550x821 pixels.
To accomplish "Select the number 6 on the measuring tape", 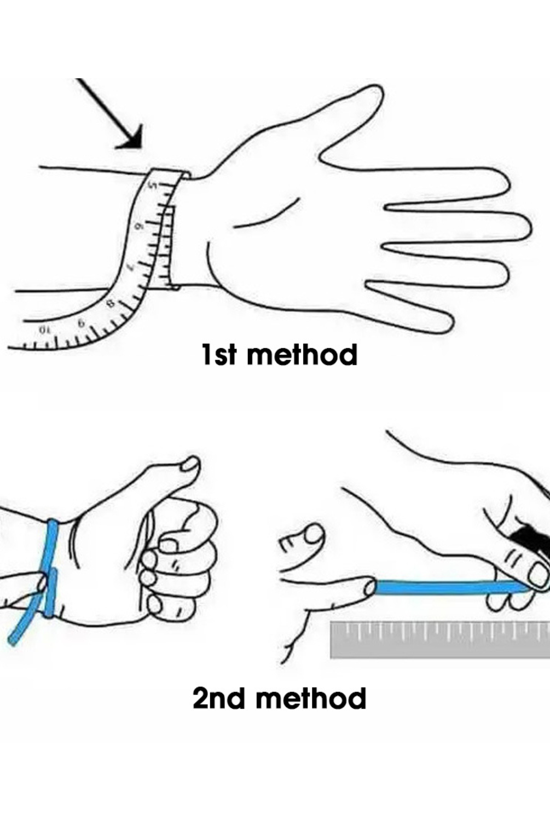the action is coord(139,226).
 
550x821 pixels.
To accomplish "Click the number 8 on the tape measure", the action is coord(109,304).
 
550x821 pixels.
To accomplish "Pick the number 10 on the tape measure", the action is coord(43,329).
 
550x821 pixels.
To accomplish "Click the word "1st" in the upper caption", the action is coord(219,355).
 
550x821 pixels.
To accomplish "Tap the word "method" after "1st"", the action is coord(302,355).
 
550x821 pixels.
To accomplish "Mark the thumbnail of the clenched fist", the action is coord(190,465).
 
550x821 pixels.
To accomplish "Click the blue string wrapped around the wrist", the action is coord(51,569).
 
